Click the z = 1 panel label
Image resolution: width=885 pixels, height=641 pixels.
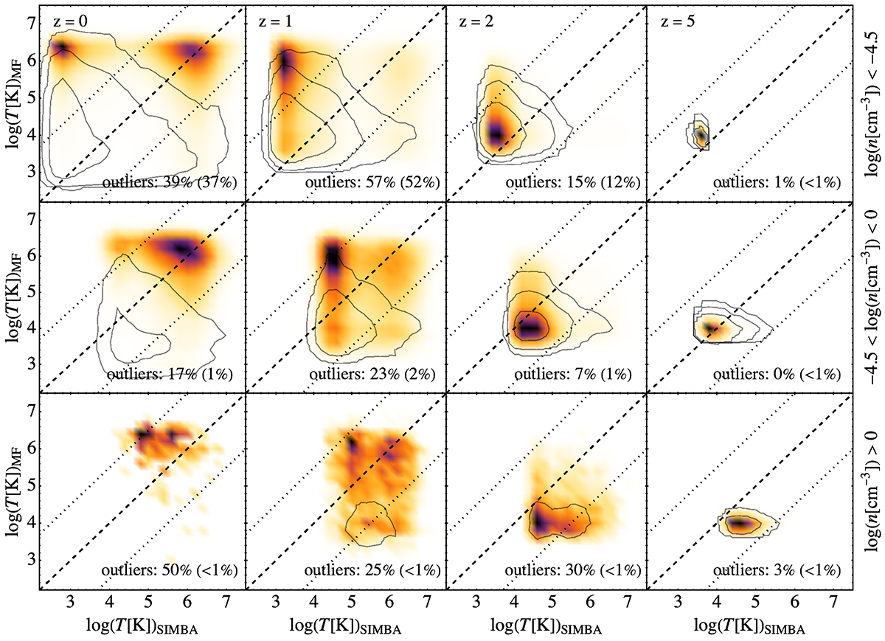[x=273, y=20]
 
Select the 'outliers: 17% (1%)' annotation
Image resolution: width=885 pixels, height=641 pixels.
[x=170, y=375]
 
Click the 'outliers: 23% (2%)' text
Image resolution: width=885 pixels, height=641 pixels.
[x=372, y=375]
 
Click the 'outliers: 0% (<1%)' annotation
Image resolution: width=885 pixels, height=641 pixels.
[x=779, y=375]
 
